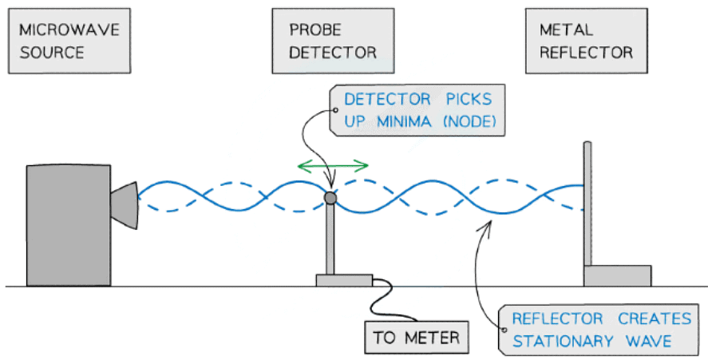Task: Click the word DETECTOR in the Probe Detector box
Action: (332, 53)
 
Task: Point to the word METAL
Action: (567, 31)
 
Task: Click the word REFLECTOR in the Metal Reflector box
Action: (587, 53)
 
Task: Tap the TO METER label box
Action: (416, 338)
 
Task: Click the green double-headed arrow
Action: (332, 166)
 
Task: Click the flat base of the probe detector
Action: (344, 280)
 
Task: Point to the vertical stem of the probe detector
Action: (330, 239)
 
